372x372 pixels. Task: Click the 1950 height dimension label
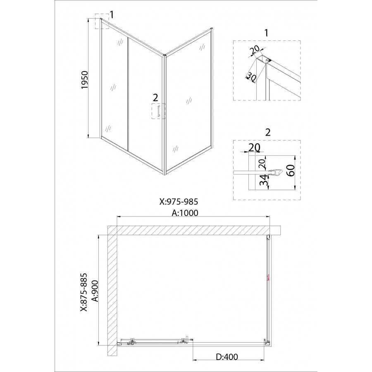tap(84, 80)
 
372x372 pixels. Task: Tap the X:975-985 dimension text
tap(179, 202)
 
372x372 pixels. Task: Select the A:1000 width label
tap(185, 213)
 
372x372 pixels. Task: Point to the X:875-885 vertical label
tap(84, 292)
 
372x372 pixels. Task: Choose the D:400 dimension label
tap(227, 357)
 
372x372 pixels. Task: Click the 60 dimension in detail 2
tap(291, 170)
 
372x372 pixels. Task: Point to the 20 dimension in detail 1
tap(255, 50)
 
